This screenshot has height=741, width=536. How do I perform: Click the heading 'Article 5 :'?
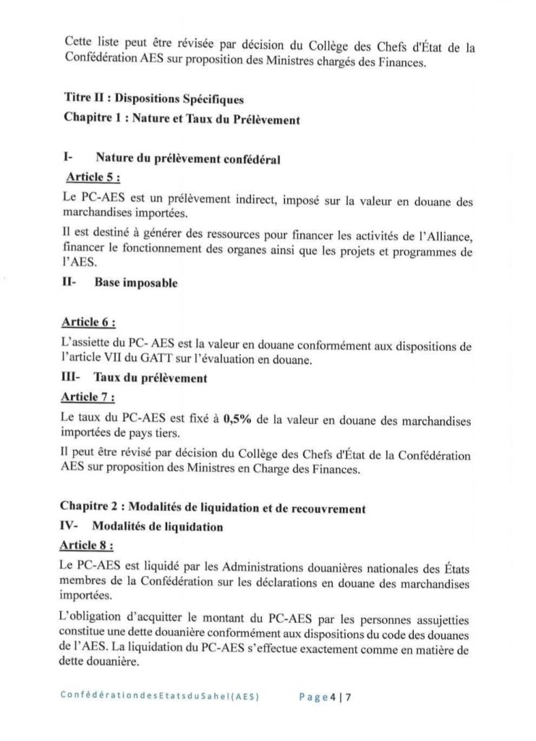92,177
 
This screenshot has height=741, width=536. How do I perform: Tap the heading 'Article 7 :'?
91,397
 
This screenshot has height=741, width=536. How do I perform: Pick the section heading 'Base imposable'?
135,284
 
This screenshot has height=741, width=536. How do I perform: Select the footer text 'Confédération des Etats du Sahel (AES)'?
161,698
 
